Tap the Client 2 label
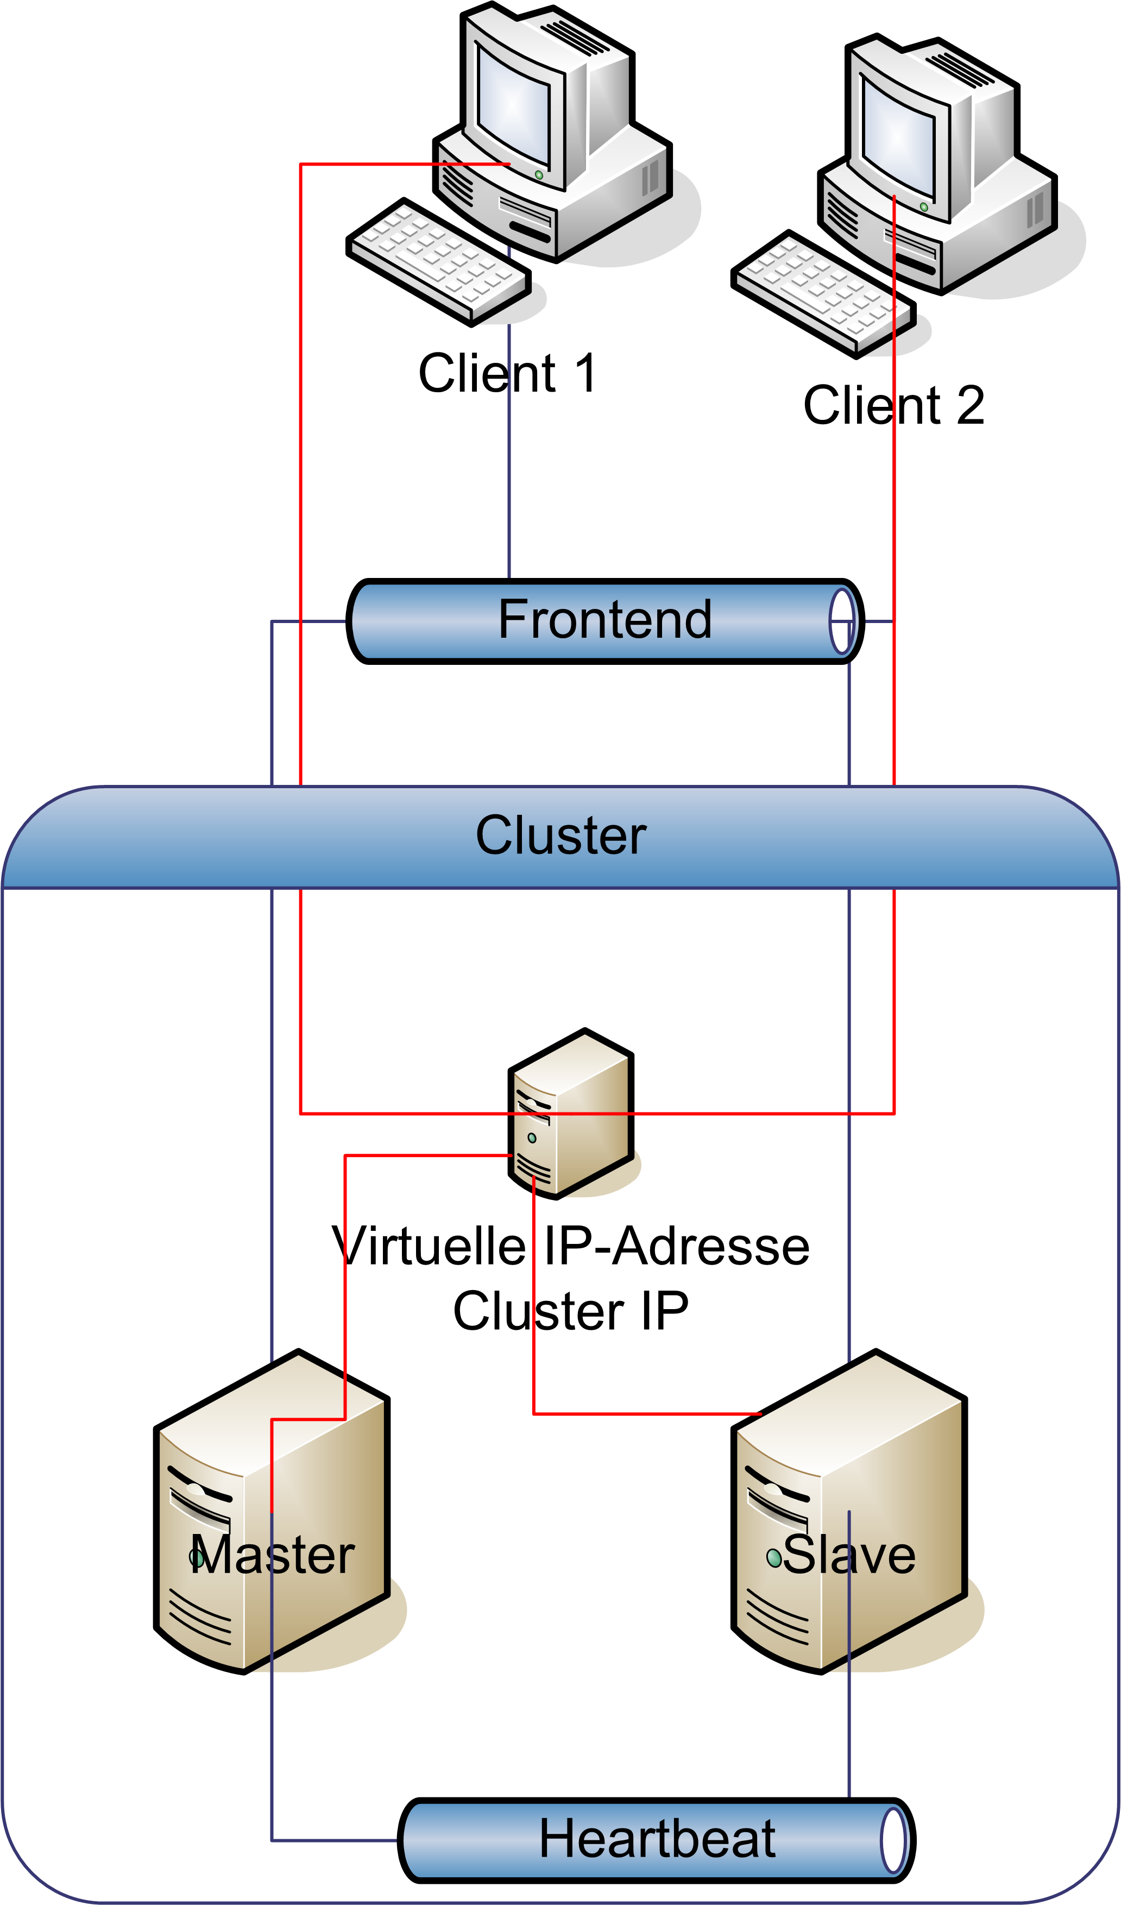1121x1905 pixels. (x=893, y=405)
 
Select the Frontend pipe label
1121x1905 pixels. (x=604, y=620)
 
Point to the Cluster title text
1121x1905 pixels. (x=561, y=835)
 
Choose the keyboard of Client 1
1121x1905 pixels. (x=438, y=261)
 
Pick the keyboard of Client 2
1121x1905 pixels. (x=824, y=293)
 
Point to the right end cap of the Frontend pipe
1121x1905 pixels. (x=842, y=621)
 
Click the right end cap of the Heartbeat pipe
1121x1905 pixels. (x=893, y=1840)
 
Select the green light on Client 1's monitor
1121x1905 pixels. (x=539, y=174)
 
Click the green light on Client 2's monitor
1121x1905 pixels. (x=924, y=207)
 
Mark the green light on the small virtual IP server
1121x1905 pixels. (x=532, y=1137)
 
